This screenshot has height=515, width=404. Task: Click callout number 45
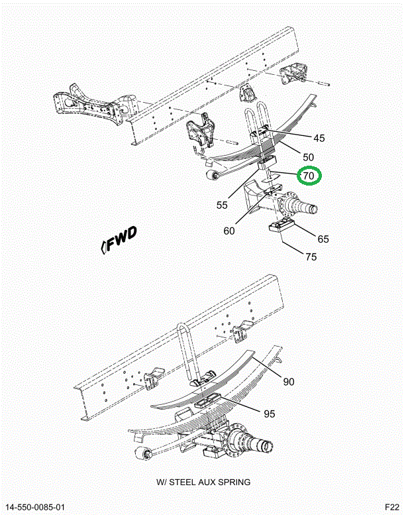click(319, 139)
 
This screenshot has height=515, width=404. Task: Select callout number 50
click(308, 157)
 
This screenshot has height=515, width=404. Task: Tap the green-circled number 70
click(309, 176)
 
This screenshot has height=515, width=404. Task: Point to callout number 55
click(222, 205)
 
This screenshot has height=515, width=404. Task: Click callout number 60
click(229, 231)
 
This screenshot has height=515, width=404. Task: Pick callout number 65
click(323, 239)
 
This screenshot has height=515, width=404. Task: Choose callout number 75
click(311, 257)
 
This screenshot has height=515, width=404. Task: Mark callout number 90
click(289, 382)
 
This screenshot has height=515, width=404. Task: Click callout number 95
click(269, 414)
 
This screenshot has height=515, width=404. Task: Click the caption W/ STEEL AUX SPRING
click(203, 482)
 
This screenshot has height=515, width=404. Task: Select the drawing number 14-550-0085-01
click(35, 507)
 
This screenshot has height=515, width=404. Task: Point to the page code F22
click(392, 507)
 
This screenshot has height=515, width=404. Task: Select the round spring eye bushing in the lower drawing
click(142, 454)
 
